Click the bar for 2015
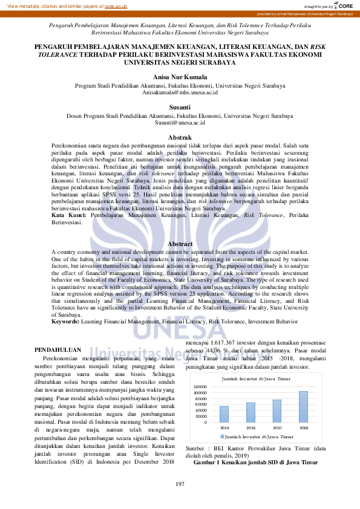224,397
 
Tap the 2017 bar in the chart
277,394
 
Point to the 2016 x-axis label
250,410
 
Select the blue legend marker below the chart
222,419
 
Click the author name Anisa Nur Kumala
180,77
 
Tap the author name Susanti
180,107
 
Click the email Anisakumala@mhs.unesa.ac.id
180,92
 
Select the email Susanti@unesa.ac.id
180,122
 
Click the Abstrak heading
180,138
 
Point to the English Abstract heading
180,244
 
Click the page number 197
180,484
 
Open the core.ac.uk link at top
116,5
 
